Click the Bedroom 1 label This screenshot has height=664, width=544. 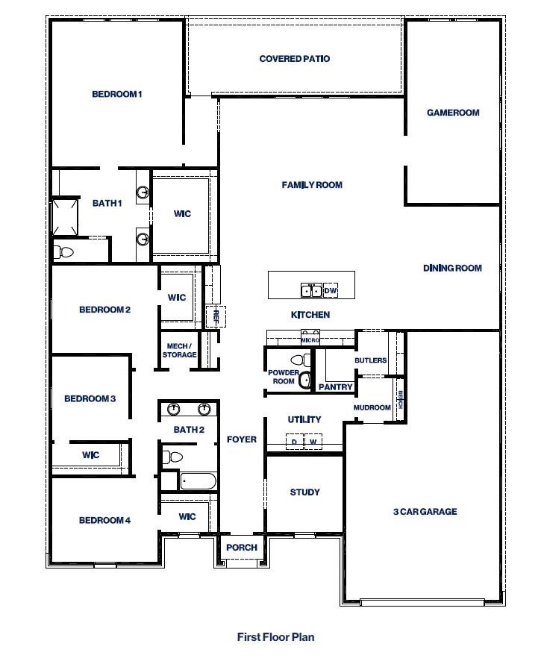click(116, 94)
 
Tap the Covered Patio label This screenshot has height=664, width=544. click(294, 59)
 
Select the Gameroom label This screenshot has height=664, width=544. click(453, 113)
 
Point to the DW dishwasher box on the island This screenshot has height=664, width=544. click(331, 290)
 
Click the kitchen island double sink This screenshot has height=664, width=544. click(311, 290)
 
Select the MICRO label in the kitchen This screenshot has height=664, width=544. click(310, 340)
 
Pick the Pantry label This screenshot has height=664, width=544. click(335, 387)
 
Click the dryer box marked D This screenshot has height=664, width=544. click(294, 442)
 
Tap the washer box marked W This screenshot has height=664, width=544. click(313, 442)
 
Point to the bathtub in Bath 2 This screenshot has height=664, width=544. click(198, 481)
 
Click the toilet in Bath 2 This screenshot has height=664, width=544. click(173, 456)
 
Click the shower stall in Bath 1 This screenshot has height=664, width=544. click(64, 216)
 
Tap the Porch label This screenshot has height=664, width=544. click(242, 548)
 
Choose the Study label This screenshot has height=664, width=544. click(304, 492)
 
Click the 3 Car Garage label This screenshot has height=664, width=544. click(425, 512)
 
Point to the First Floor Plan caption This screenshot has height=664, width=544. click(275, 637)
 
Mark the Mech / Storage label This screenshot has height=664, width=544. click(179, 350)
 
